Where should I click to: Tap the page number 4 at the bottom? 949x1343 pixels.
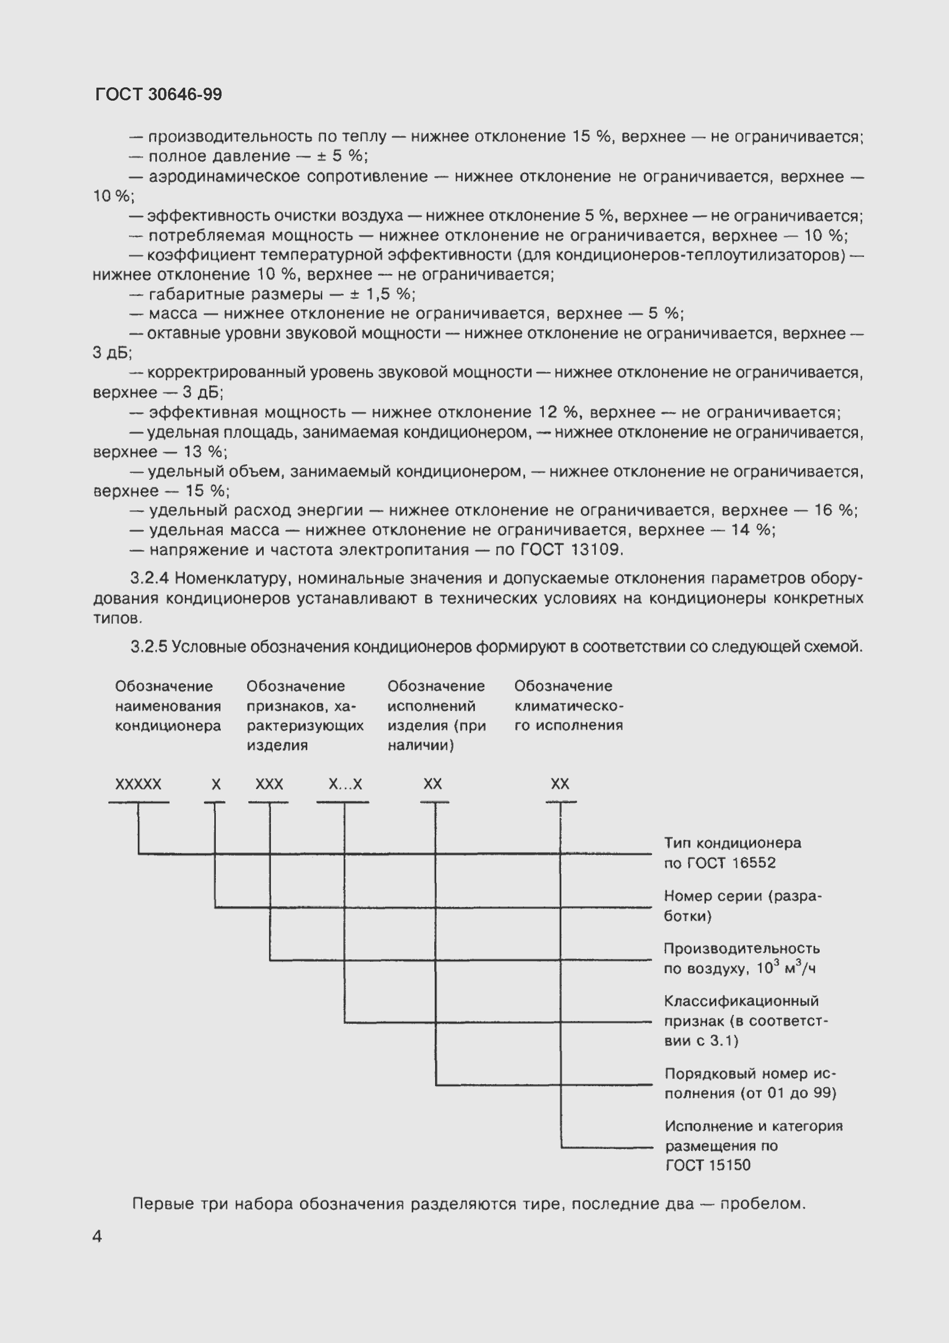pyautogui.click(x=97, y=1236)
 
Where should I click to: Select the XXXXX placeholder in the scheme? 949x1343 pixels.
pyautogui.click(x=138, y=784)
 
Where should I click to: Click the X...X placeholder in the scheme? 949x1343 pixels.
pyautogui.click(x=345, y=784)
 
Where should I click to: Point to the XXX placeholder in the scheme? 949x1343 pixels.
pyautogui.click(x=269, y=784)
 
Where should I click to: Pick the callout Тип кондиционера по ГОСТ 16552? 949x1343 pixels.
pyautogui.click(x=732, y=853)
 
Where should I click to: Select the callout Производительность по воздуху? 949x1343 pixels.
pyautogui.click(x=742, y=958)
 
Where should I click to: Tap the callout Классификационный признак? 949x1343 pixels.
pyautogui.click(x=745, y=1021)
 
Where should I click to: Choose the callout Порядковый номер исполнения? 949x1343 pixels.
pyautogui.click(x=750, y=1083)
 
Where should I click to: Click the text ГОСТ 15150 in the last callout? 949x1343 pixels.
pyautogui.click(x=708, y=1165)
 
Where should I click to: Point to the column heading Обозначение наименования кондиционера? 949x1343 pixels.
pyautogui.click(x=168, y=706)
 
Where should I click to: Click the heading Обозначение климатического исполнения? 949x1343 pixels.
pyautogui.click(x=568, y=706)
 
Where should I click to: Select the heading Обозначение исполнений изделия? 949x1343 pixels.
pyautogui.click(x=436, y=715)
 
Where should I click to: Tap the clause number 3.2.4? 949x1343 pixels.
pyautogui.click(x=150, y=578)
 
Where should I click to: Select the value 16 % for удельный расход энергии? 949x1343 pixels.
pyautogui.click(x=835, y=510)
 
